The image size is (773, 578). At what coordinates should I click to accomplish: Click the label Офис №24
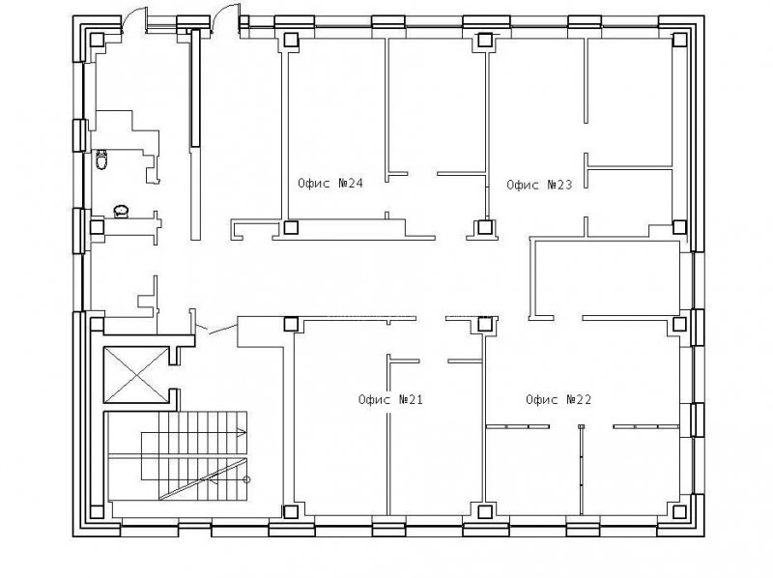tap(330, 184)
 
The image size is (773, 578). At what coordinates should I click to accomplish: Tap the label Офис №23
tap(539, 185)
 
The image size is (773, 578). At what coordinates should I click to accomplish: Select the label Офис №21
tap(390, 399)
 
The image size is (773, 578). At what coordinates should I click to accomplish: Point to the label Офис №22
tap(558, 399)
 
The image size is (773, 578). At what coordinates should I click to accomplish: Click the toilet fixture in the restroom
tap(101, 159)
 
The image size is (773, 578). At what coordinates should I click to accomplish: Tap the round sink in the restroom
tap(122, 212)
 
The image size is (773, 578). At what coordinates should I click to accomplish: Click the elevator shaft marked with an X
tap(136, 375)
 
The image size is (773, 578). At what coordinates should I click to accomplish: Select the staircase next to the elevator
tap(178, 456)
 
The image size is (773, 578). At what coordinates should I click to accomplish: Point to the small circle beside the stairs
tap(247, 479)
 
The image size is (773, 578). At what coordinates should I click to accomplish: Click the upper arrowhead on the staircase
tap(243, 433)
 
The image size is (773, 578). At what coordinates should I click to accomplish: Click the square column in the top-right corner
tap(680, 40)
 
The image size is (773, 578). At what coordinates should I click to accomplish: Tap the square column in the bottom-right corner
tap(680, 511)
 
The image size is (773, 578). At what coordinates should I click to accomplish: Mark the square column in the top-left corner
tap(97, 40)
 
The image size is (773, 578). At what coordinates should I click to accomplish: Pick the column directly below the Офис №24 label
tap(292, 227)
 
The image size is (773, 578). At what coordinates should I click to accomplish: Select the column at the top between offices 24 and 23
tap(485, 40)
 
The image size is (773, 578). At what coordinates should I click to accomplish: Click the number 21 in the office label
tap(415, 399)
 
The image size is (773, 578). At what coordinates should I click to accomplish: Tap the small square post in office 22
tap(582, 427)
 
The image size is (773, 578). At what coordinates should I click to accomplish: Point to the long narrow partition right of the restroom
tap(196, 134)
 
